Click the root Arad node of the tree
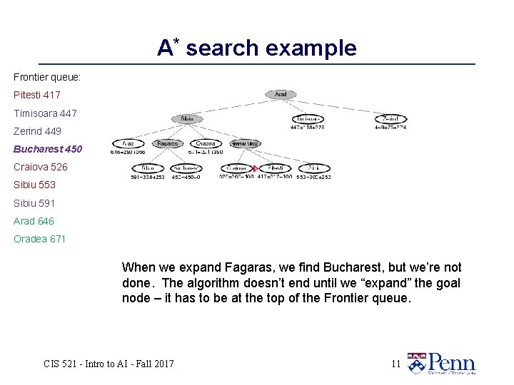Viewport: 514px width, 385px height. [x=281, y=94]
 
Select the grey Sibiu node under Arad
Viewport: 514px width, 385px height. [x=187, y=118]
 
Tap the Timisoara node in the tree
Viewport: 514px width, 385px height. [x=308, y=118]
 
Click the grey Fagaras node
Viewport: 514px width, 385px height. [x=167, y=143]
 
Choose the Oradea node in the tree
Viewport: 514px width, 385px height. [x=206, y=143]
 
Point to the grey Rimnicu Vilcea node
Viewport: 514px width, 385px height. [x=246, y=143]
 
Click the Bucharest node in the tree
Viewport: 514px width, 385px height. [x=186, y=168]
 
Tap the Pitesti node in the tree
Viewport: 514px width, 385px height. [x=275, y=168]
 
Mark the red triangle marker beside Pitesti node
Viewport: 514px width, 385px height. [x=255, y=168]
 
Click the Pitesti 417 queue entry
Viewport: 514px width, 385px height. [x=37, y=95]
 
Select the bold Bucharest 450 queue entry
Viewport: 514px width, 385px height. [x=48, y=149]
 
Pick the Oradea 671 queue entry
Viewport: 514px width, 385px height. [x=40, y=239]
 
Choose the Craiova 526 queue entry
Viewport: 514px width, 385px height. [x=41, y=167]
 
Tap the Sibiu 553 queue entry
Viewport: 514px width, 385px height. [x=34, y=185]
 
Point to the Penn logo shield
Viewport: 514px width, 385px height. [x=416, y=363]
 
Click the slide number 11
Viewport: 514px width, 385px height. [x=395, y=364]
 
